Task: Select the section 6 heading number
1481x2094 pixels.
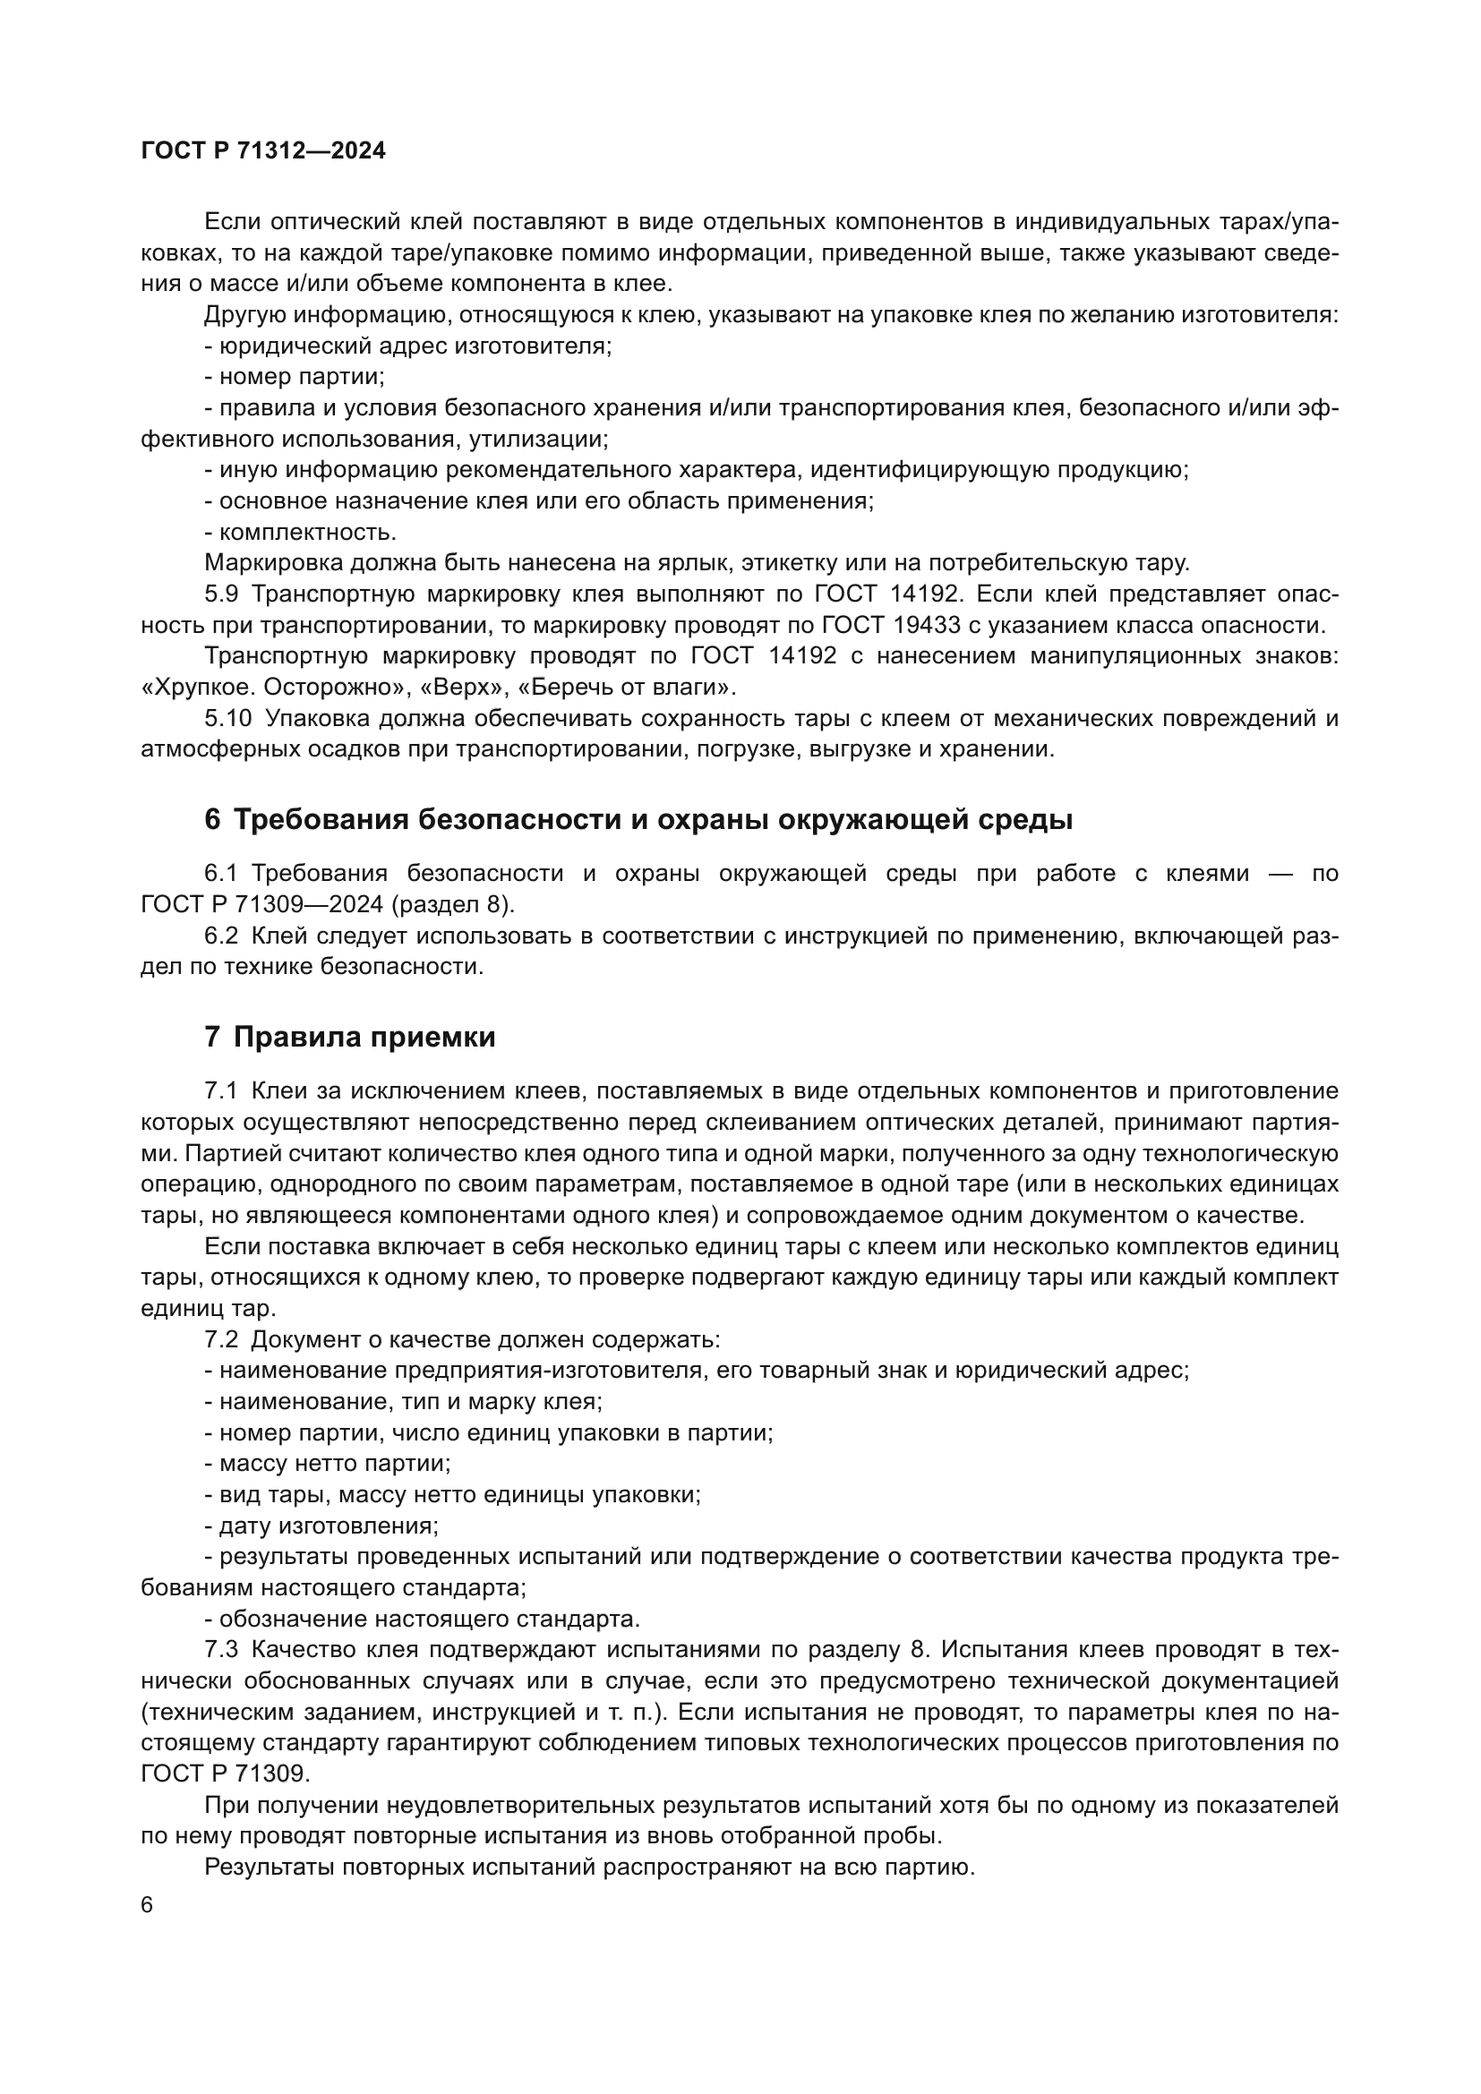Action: pyautogui.click(x=211, y=820)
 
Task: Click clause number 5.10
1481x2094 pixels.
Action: pyautogui.click(x=227, y=719)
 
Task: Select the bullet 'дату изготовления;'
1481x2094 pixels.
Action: pyautogui.click(x=322, y=1526)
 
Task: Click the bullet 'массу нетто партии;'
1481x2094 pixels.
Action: pyautogui.click(x=329, y=1464)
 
